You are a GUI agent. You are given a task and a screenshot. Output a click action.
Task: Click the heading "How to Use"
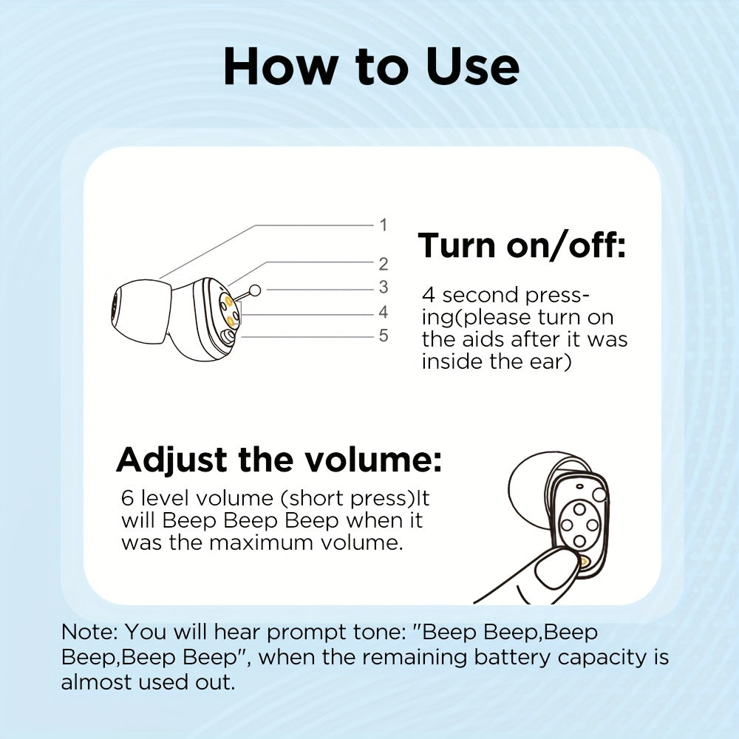[x=372, y=67]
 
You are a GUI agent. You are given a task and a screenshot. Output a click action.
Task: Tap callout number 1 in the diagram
[x=384, y=225]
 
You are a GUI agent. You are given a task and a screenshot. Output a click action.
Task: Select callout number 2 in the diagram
[x=384, y=264]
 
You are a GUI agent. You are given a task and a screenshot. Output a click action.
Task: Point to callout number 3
[x=384, y=287]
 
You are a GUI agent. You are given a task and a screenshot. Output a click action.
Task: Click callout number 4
[x=384, y=312]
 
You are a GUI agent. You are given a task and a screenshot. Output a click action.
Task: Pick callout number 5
[x=384, y=336]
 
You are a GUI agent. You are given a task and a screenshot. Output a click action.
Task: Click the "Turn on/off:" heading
[x=522, y=245]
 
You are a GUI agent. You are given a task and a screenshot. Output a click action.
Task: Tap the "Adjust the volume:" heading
[x=279, y=460]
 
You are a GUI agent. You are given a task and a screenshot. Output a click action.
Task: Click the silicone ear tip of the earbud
[x=141, y=310]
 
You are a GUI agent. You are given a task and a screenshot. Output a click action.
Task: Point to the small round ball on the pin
[x=255, y=290]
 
